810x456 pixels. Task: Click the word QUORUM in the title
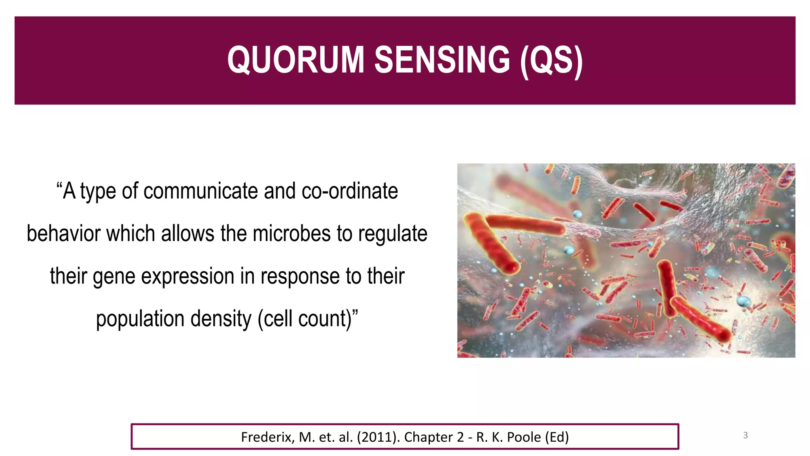point(295,60)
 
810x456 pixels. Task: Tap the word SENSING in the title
point(442,60)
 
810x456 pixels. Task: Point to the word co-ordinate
point(350,191)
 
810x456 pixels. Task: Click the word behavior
point(63,234)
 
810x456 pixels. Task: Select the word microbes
point(291,234)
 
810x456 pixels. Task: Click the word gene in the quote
point(114,277)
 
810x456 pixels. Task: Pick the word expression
point(187,277)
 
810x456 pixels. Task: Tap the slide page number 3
point(745,435)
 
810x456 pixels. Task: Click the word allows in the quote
point(187,234)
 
